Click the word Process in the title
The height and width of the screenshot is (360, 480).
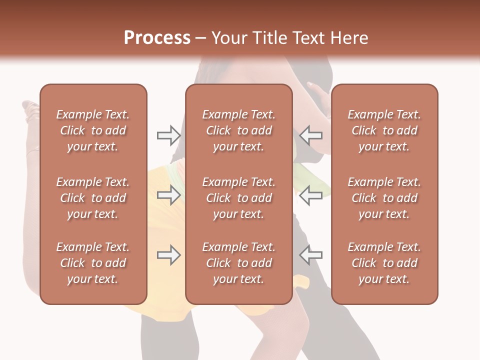click(157, 38)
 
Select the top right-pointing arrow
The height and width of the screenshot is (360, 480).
click(168, 135)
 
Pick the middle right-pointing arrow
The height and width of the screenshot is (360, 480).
click(168, 195)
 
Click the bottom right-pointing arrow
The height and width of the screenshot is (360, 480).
click(168, 255)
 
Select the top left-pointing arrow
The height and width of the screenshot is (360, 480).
click(311, 135)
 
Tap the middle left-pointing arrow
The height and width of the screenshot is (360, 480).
click(311, 195)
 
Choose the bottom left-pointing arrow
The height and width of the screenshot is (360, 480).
click(311, 255)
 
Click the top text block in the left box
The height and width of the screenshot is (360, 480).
click(93, 130)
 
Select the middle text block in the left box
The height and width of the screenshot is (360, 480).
click(93, 198)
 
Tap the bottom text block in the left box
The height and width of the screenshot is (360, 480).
click(93, 263)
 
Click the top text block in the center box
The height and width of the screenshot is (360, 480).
click(238, 130)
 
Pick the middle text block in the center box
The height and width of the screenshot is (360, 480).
click(238, 198)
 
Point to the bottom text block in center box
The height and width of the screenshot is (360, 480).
click(238, 263)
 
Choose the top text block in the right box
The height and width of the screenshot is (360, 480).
click(384, 130)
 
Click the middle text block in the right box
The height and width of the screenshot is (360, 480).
click(384, 198)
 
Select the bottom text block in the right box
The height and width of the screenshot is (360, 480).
click(384, 263)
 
